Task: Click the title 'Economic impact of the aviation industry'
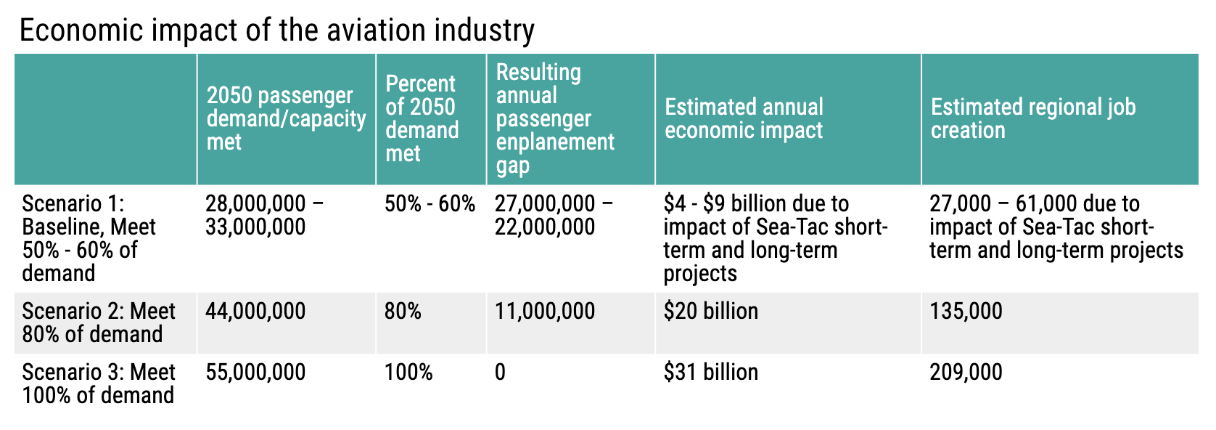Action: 276,31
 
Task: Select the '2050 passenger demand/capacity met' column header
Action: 286,118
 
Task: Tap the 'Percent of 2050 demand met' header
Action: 422,118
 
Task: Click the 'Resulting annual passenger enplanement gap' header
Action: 555,118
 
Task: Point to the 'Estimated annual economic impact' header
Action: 744,118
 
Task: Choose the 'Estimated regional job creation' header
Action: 1032,118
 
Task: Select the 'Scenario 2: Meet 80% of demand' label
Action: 99,322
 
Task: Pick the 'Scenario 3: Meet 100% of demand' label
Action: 99,384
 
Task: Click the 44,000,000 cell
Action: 255,312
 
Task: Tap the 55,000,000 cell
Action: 255,373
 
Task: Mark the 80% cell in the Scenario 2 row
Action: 403,312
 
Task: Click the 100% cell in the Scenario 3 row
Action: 408,373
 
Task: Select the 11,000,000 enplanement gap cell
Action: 545,312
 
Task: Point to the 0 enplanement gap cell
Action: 500,373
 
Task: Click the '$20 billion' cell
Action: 710,312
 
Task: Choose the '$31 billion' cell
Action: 710,373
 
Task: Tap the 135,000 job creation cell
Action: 966,312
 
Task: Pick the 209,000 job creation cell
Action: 966,373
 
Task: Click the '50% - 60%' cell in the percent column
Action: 430,204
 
